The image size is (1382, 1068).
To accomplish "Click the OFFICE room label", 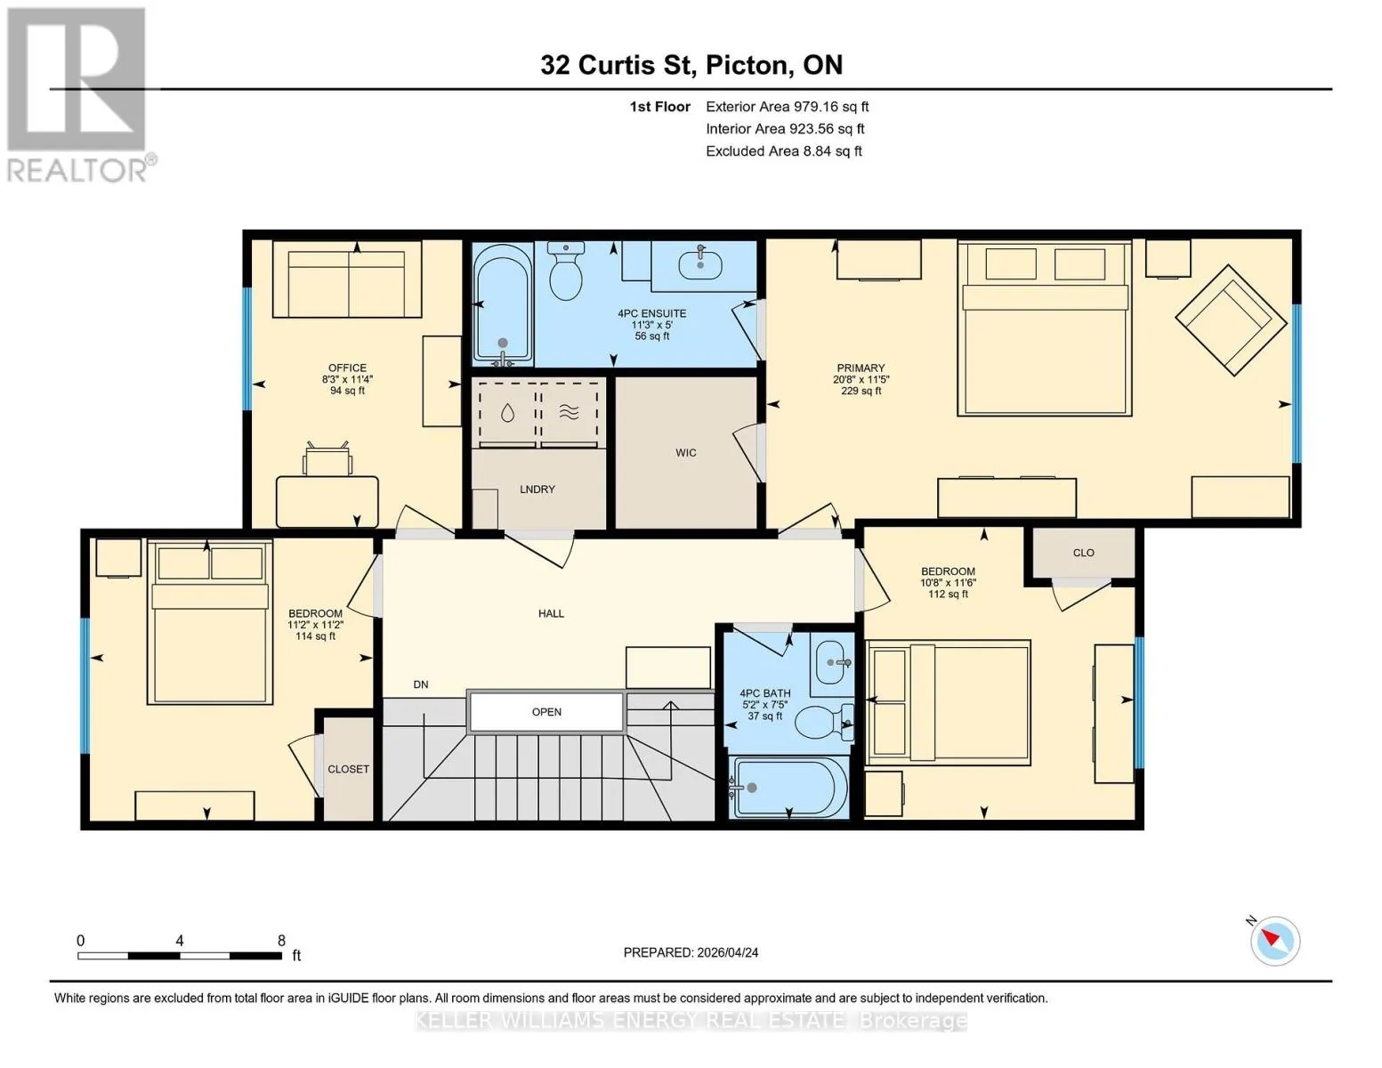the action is tap(347, 368).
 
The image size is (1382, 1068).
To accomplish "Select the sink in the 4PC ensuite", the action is tap(699, 265).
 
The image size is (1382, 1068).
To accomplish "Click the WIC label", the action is tap(685, 453).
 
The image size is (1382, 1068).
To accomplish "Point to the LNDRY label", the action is tap(537, 489).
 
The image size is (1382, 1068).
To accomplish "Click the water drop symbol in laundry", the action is tap(507, 414).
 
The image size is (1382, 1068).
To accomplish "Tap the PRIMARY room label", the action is tap(861, 368).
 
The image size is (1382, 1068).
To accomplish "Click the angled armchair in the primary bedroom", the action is tap(1231, 320).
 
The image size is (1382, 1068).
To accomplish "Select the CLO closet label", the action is tap(1083, 553).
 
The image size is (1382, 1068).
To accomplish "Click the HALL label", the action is tap(551, 613).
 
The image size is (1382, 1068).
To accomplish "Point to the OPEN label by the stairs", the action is tap(546, 712).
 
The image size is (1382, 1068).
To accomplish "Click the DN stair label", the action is tap(420, 684).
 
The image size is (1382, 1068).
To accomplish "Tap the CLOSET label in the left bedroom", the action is tap(348, 769).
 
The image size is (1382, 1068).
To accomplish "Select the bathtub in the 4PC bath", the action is tap(788, 788).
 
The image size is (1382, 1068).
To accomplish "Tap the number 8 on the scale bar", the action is tap(281, 940).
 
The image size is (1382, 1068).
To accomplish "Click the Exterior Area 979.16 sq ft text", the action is tap(787, 107).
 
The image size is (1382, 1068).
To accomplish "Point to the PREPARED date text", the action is tap(691, 952).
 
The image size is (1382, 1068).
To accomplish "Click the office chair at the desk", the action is tap(327, 459).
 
